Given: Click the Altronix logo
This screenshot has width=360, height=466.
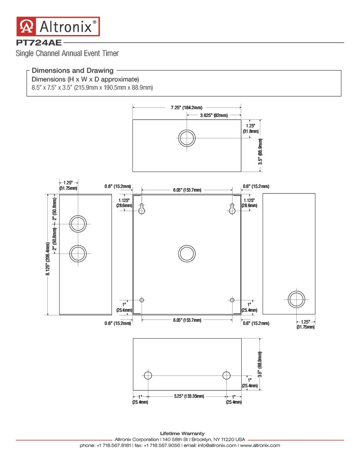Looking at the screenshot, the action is click(58, 26).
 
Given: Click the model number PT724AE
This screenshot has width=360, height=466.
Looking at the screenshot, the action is click(39, 43).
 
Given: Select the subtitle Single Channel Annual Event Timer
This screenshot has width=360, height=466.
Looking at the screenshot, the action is click(67, 53).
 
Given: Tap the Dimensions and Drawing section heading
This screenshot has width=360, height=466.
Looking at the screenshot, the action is click(72, 71).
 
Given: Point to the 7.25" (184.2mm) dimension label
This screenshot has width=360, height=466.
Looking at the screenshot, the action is click(187, 107).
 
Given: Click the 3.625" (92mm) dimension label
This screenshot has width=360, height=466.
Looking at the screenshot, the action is click(214, 115).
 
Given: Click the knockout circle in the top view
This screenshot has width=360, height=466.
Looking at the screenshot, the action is click(187, 138).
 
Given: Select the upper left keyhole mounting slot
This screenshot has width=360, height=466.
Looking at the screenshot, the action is click(142, 208).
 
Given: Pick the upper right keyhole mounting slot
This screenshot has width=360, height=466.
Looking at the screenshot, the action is click(232, 208).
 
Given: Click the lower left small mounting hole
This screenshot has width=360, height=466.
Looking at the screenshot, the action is click(142, 300).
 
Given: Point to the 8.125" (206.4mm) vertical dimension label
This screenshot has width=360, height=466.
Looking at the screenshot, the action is click(48, 259).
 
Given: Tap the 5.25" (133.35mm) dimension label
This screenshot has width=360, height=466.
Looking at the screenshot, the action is click(189, 396).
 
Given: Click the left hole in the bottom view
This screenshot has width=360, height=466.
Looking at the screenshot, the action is click(148, 375).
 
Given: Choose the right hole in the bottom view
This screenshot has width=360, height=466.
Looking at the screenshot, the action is click(227, 375).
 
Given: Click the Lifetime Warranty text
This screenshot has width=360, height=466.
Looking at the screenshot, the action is click(182, 434).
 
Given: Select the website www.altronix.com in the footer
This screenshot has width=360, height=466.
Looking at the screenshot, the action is click(260, 446).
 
